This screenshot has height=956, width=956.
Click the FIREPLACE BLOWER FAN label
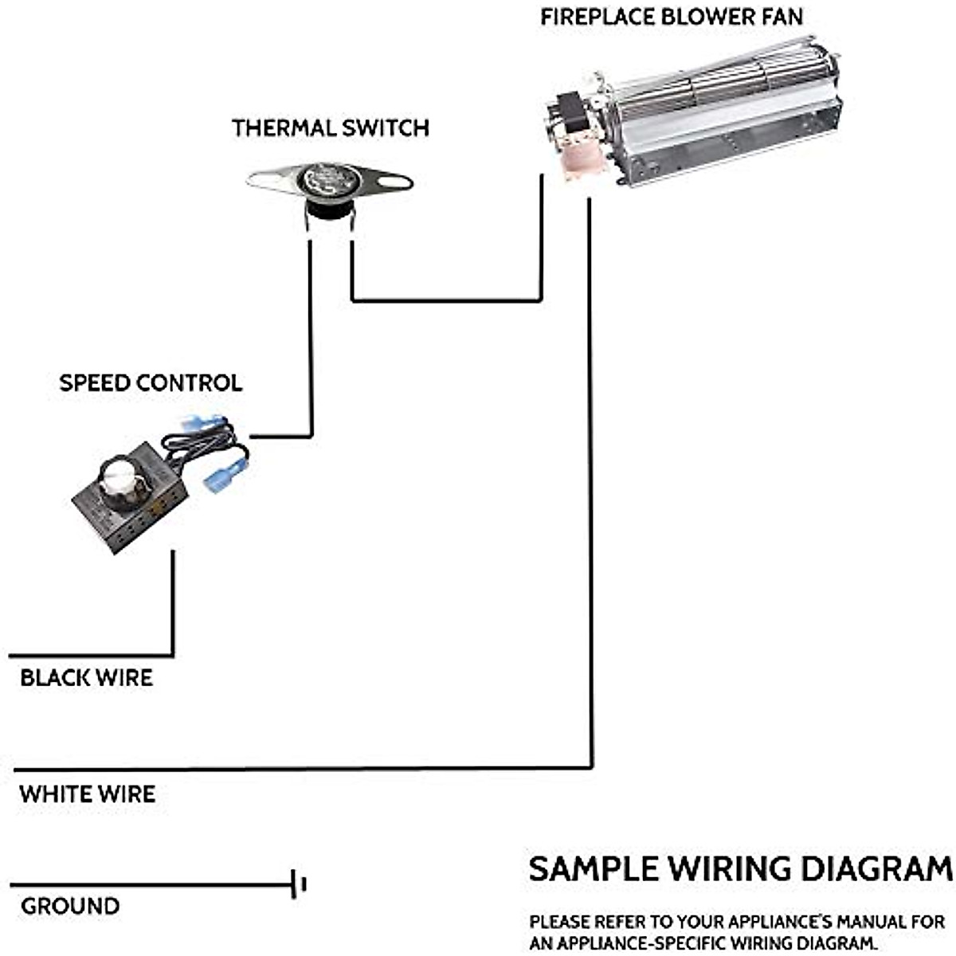pos(671,17)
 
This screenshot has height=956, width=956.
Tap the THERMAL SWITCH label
pos(330,127)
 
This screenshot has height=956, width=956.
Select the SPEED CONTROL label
pos(151,383)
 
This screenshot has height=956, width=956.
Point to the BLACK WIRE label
pos(86,678)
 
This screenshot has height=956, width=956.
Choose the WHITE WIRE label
pos(88,793)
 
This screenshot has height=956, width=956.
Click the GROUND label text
pos(70,906)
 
